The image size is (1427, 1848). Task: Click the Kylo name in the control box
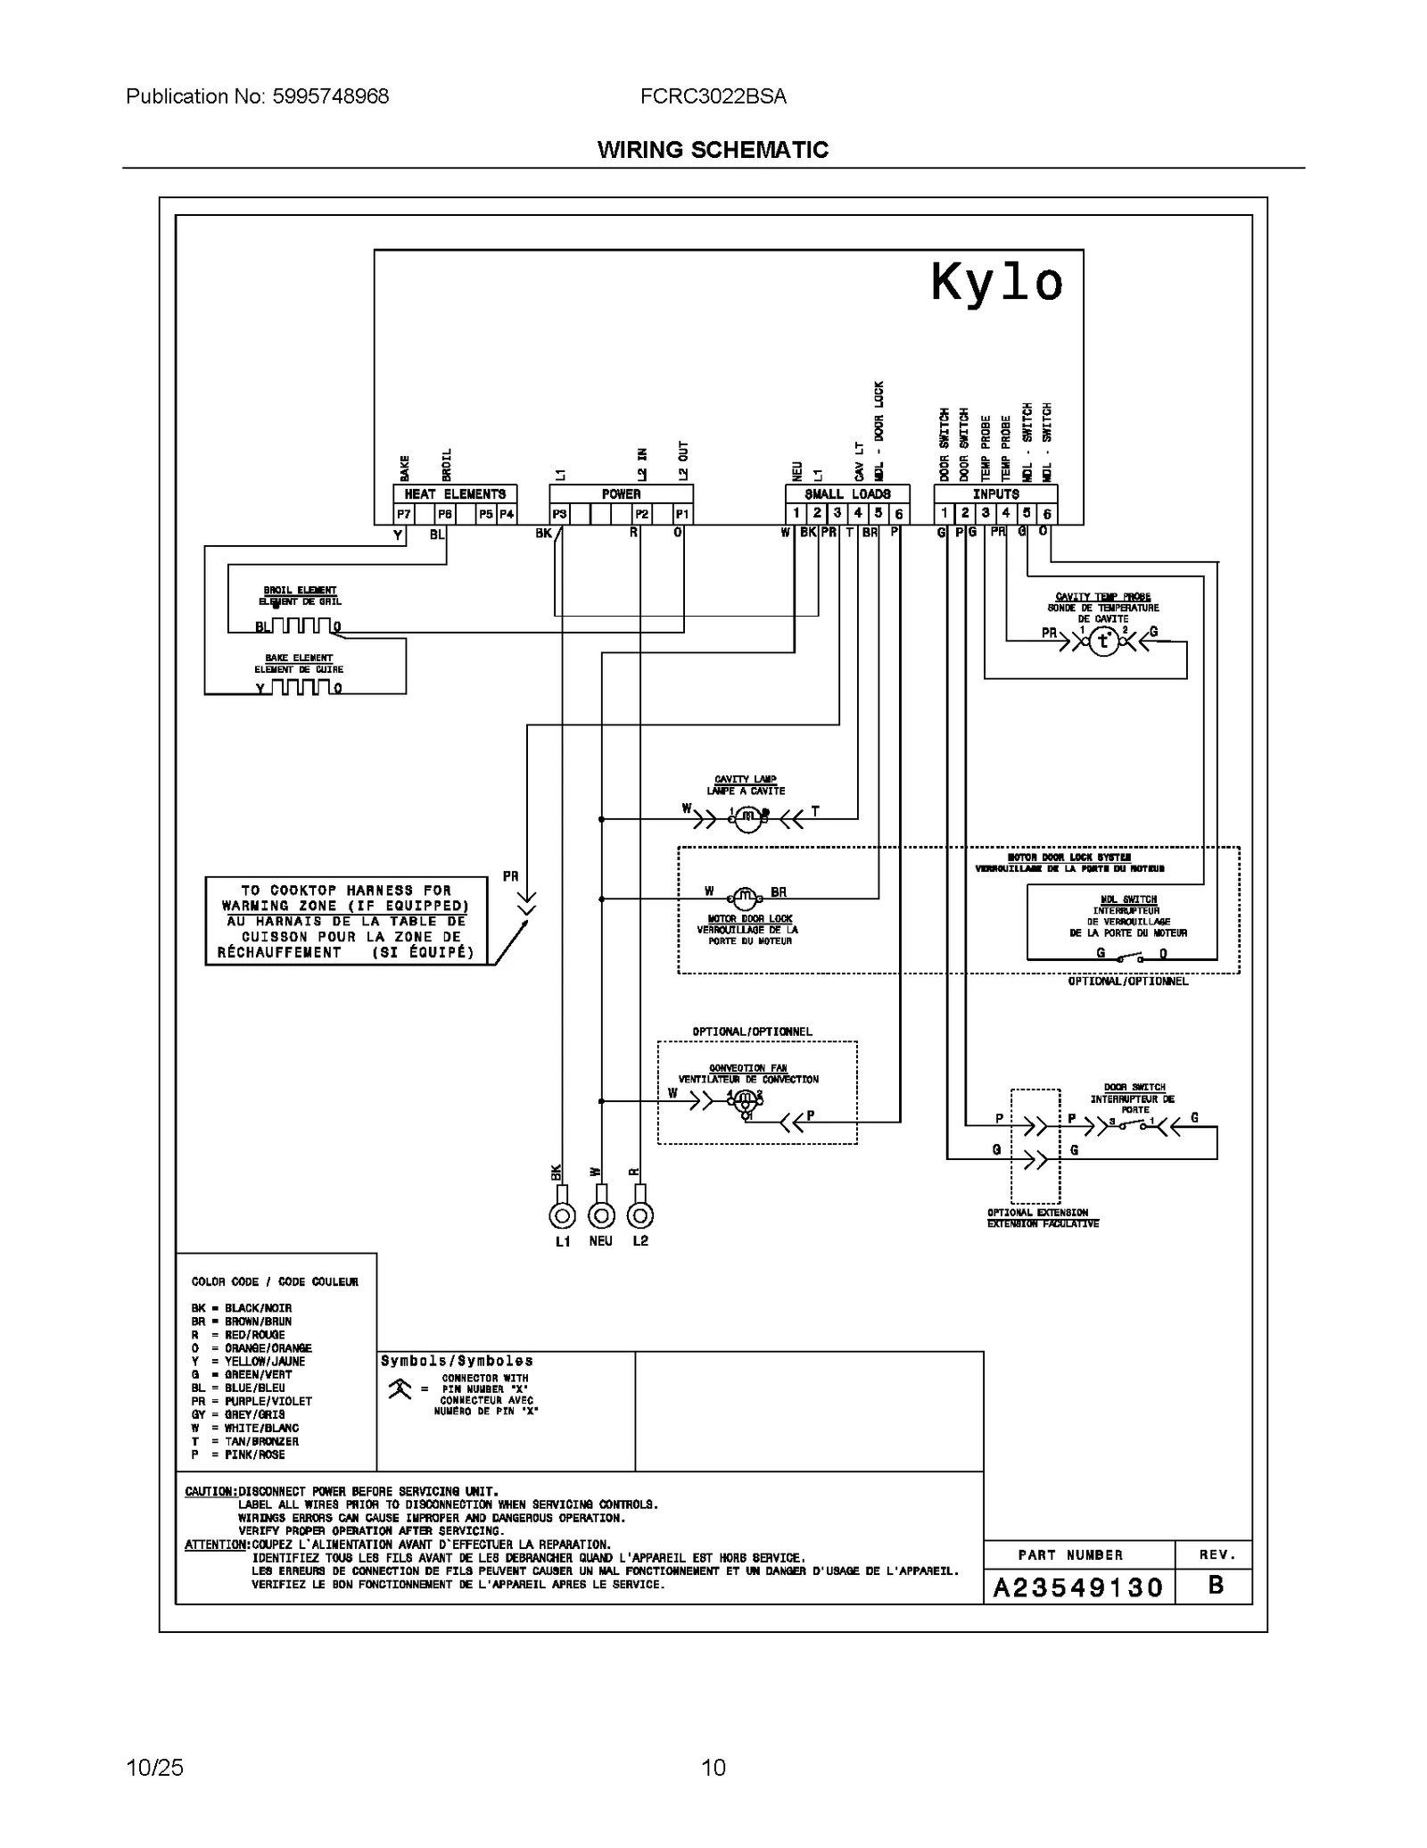996,284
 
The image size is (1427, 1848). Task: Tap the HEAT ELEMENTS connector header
455,494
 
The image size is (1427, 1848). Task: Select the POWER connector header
621,494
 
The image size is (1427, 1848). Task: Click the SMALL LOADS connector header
847,494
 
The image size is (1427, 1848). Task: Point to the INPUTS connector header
995,494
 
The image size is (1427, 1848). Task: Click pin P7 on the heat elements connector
404,514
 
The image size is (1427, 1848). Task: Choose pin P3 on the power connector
559,514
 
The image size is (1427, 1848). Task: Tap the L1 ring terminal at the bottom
562,1215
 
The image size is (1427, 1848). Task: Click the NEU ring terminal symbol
601,1215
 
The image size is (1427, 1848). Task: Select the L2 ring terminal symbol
640,1215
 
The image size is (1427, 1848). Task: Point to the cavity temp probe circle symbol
1104,641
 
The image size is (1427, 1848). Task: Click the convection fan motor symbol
744,1101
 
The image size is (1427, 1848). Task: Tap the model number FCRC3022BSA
713,96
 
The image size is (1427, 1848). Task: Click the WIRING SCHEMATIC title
713,150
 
